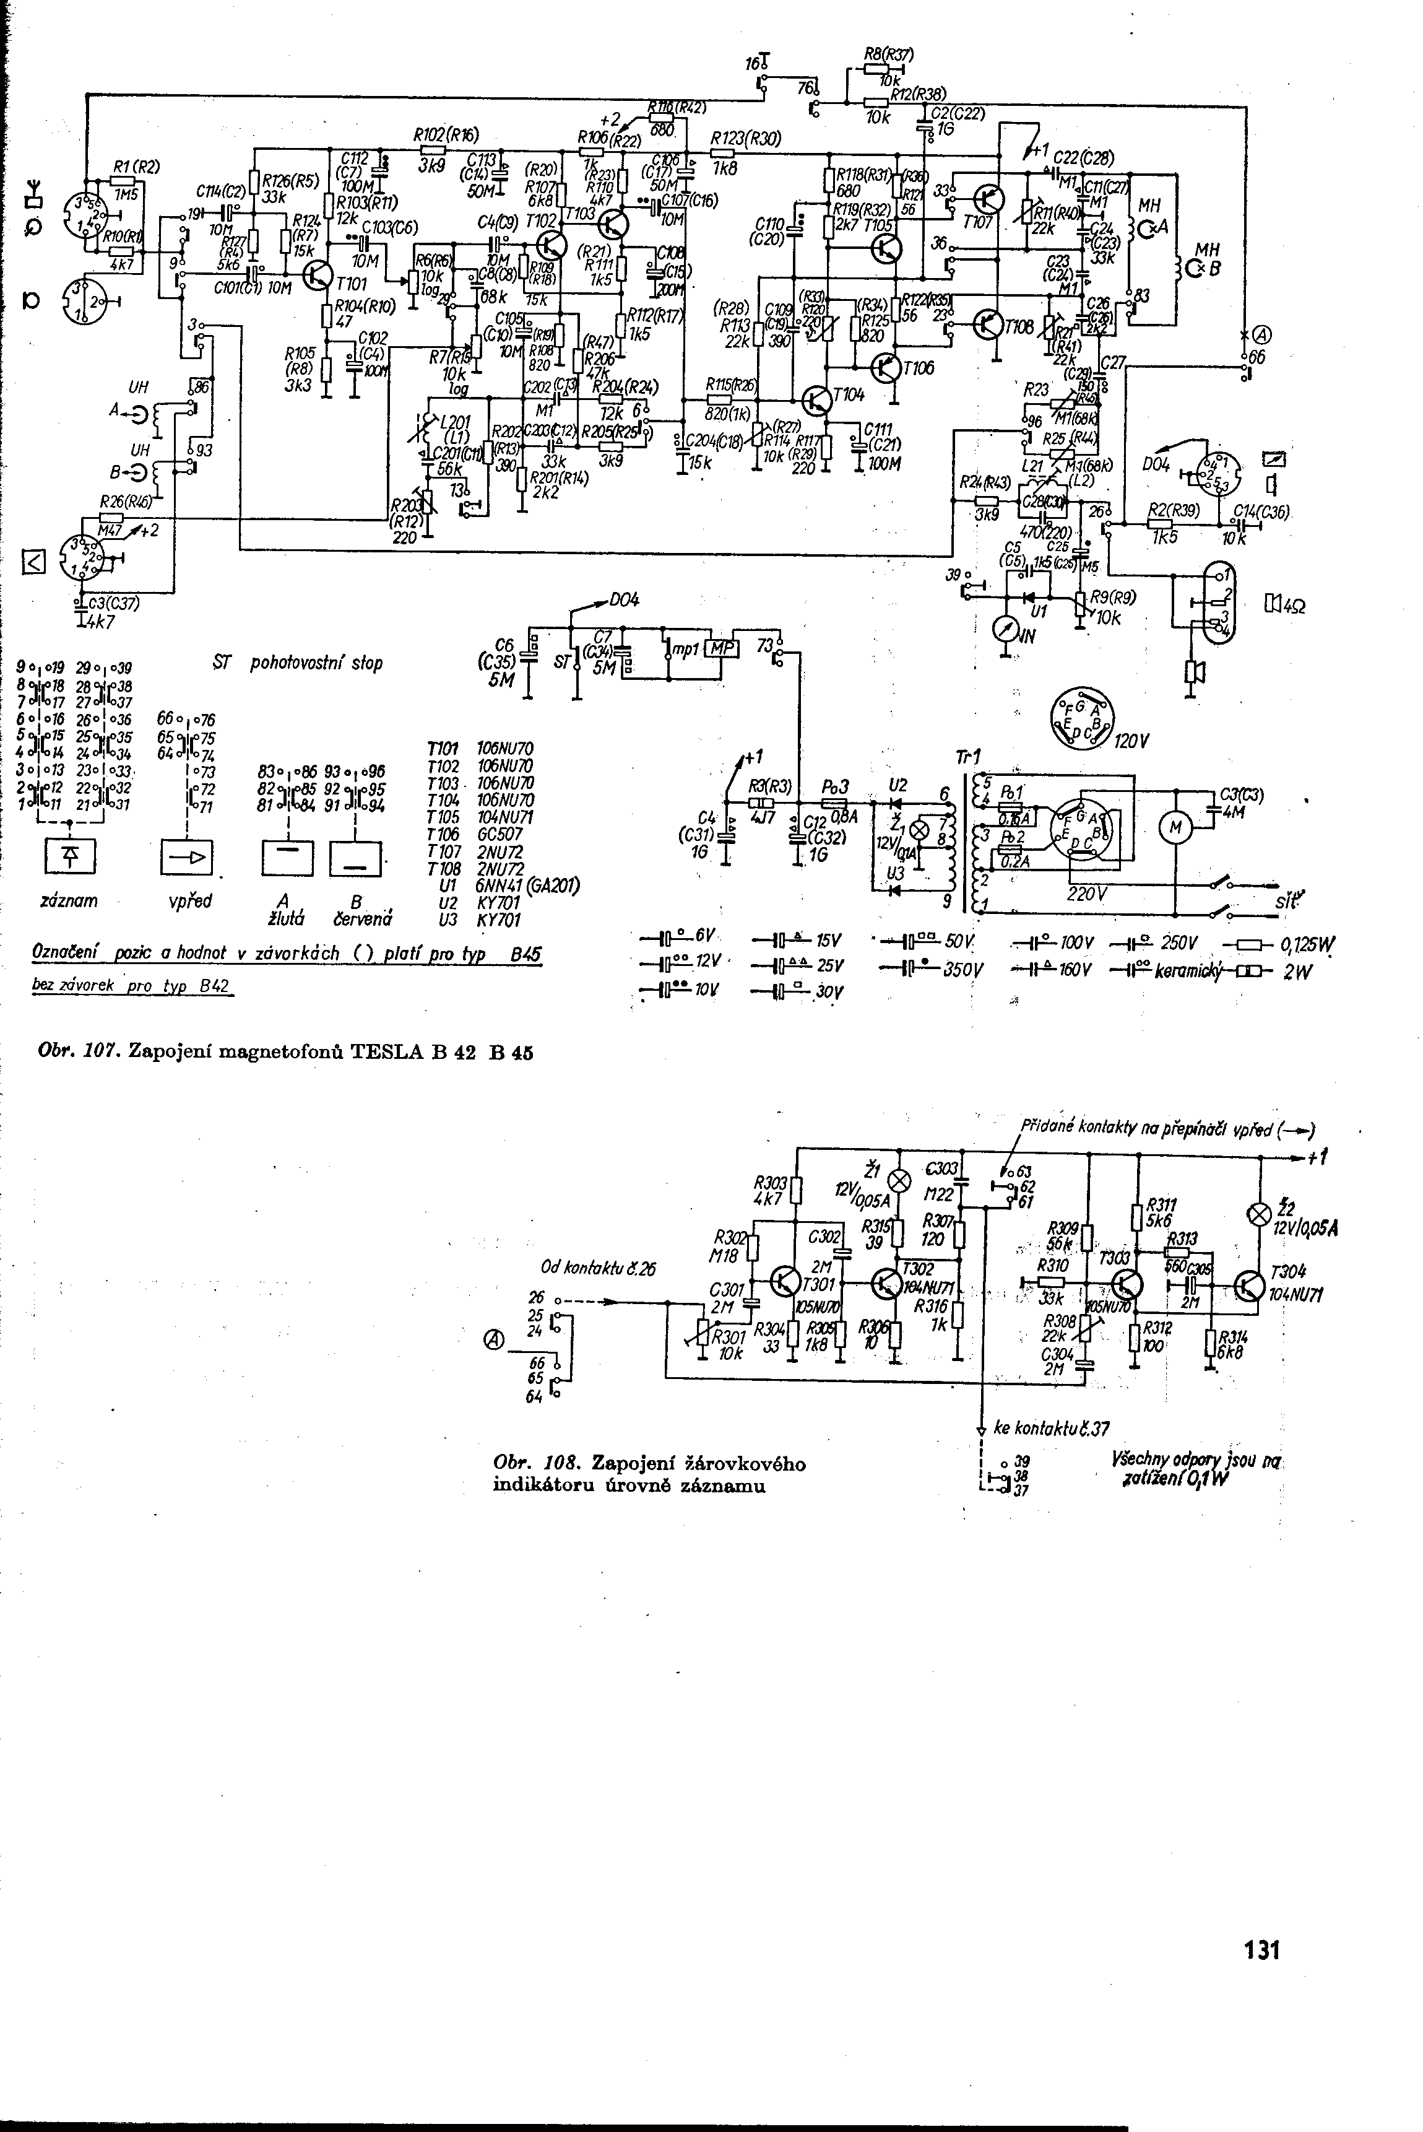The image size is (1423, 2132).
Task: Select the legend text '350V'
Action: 963,969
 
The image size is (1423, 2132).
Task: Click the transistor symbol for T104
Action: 819,401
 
